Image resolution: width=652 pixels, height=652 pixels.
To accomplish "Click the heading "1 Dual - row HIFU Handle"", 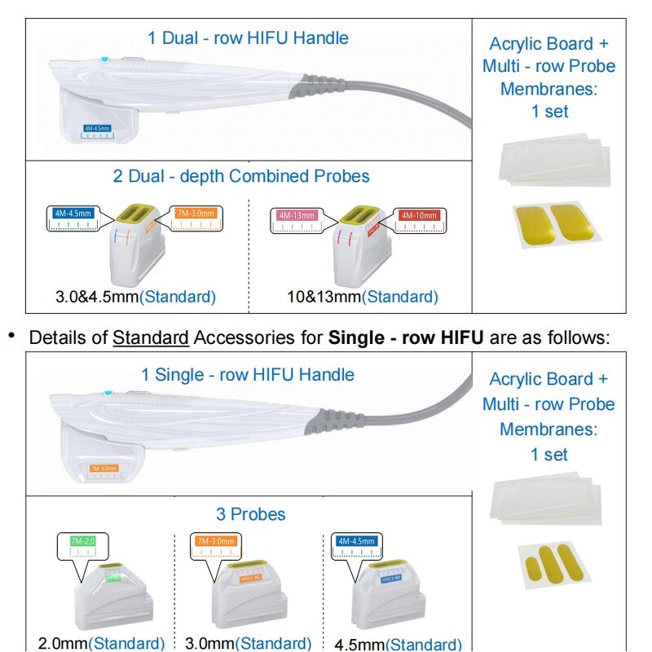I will (x=248, y=37).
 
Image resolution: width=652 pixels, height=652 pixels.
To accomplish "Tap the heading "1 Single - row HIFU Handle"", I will (x=248, y=375).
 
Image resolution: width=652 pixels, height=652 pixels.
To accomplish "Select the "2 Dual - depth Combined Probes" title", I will (x=241, y=176).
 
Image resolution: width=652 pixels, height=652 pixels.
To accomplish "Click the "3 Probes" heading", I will (x=250, y=514).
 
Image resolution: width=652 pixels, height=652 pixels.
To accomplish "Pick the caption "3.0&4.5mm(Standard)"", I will (x=135, y=297).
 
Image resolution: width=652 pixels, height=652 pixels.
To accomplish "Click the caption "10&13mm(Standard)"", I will (x=362, y=297).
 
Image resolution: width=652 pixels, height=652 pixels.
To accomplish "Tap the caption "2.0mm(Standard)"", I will (x=101, y=643).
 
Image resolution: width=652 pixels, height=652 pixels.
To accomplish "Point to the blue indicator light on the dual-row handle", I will (x=104, y=59).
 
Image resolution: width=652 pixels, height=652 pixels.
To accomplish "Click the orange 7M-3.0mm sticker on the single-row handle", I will (x=103, y=468).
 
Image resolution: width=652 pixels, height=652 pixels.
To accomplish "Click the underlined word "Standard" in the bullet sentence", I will (x=151, y=337).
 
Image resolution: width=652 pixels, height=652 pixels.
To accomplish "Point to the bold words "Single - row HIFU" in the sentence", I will (x=406, y=337).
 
